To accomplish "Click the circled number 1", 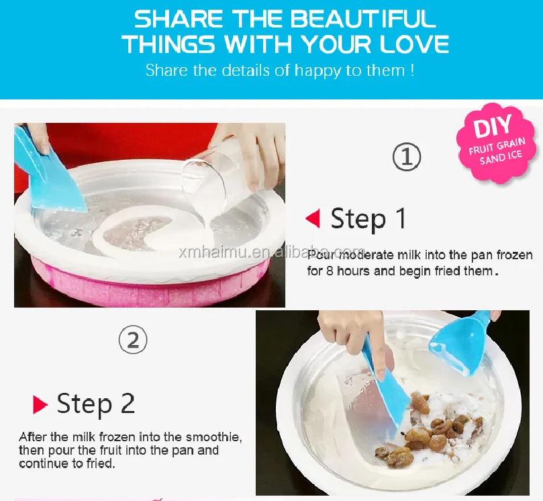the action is click(x=407, y=156).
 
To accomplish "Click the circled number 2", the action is click(x=133, y=340).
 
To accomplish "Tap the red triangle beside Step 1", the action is click(x=313, y=218).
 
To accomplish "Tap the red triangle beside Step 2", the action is click(x=40, y=404).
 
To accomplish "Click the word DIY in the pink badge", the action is click(x=492, y=126).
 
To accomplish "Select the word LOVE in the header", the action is click(x=414, y=44).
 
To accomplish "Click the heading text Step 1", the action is click(x=368, y=219).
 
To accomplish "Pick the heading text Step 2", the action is click(x=95, y=404).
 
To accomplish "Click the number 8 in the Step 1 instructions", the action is click(x=330, y=271).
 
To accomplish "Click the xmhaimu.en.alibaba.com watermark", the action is click(x=273, y=253).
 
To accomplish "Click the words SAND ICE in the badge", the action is click(x=501, y=157).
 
